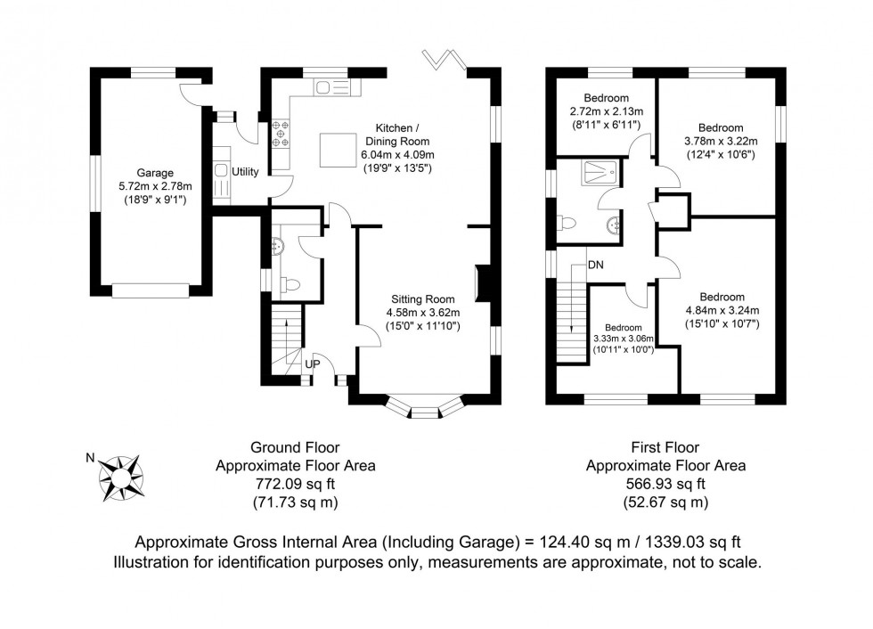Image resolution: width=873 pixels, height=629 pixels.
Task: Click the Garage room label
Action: coord(155,173)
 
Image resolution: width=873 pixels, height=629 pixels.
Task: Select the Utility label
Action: coord(245,171)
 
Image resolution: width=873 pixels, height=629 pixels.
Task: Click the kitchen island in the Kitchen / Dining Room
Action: coord(336,145)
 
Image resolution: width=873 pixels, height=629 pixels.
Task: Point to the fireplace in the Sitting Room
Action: coord(481,282)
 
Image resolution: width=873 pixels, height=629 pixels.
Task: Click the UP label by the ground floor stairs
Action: coord(314,364)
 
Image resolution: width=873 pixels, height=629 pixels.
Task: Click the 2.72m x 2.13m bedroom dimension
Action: coord(606,112)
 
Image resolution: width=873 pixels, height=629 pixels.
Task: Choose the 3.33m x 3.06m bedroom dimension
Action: coord(623,339)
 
